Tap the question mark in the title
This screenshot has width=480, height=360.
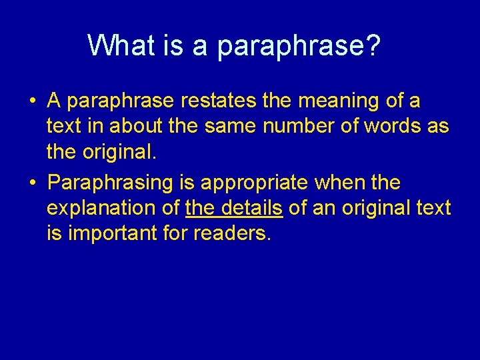coord(374,46)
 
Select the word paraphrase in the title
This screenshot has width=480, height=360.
coord(291,47)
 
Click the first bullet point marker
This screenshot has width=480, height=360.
coord(31,102)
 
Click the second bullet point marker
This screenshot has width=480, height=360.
coord(31,183)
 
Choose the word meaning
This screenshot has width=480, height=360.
coord(332,102)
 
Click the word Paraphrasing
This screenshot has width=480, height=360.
coord(111,183)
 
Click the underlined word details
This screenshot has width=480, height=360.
coord(253,208)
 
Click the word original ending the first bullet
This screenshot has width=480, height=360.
coord(116,153)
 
